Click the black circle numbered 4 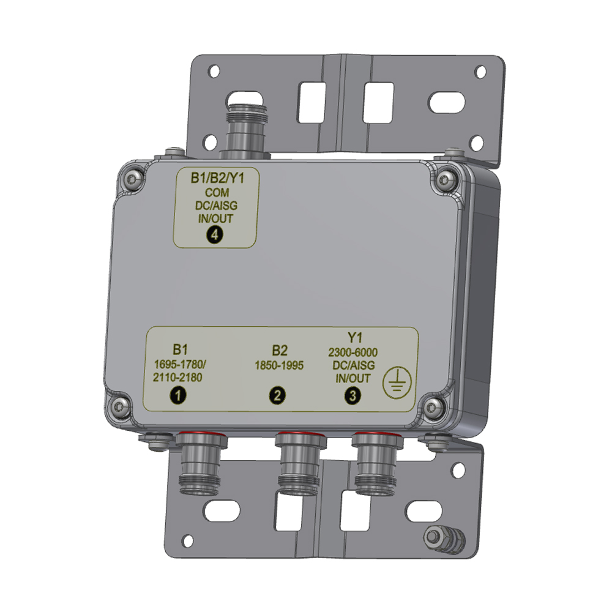point(215,235)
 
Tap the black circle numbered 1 point(178,395)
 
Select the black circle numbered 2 point(277,395)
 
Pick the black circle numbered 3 point(353,396)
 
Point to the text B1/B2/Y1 point(217,178)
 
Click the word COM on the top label point(217,192)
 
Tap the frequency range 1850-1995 point(279,365)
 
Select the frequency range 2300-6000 point(353,352)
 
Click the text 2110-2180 point(177,378)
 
